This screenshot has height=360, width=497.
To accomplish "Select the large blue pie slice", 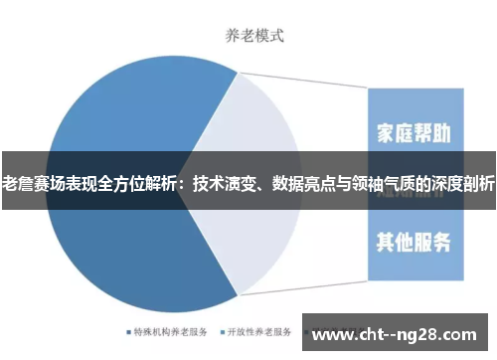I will (x=109, y=239).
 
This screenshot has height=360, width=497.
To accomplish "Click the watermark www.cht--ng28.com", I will (x=399, y=331).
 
